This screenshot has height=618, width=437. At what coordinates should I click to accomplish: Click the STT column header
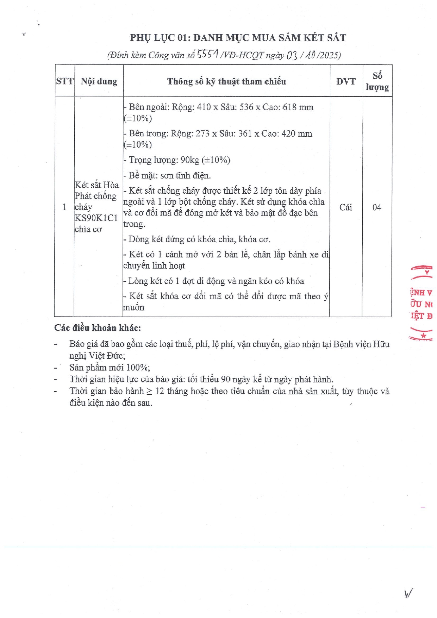click(x=65, y=81)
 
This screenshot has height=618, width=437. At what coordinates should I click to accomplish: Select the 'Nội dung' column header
click(x=99, y=81)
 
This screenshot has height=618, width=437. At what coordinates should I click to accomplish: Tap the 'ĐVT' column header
click(x=346, y=81)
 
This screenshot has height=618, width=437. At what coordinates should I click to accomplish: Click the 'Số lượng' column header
click(x=377, y=81)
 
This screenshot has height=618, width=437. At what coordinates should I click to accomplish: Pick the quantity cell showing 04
click(x=377, y=207)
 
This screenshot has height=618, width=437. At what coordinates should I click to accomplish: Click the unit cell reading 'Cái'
click(x=345, y=207)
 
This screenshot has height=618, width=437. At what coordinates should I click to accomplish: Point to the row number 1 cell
click(x=64, y=207)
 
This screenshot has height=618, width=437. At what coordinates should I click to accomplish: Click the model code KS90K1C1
click(x=96, y=218)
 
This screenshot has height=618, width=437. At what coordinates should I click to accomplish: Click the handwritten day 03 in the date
click(x=292, y=55)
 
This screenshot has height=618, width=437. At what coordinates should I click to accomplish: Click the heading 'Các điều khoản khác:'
click(x=98, y=328)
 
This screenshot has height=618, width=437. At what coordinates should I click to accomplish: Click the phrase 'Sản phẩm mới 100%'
click(x=109, y=368)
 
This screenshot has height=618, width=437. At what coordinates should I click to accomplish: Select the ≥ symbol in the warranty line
click(x=149, y=391)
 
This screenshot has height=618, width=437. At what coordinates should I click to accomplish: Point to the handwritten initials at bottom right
click(x=408, y=594)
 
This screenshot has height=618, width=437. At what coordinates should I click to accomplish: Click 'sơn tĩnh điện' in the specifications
click(x=185, y=175)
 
